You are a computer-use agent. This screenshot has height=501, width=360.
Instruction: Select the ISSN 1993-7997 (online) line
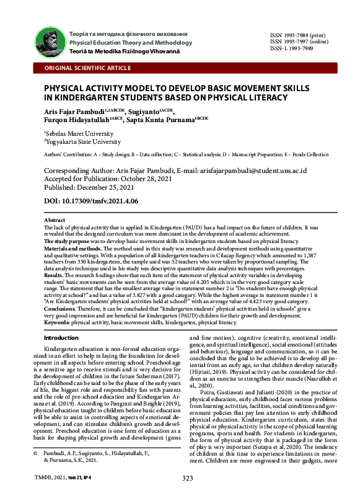(x=299, y=42)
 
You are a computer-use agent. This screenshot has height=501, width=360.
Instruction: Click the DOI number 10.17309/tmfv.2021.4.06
(x=108, y=202)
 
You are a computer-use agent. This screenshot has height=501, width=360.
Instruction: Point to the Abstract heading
(x=55, y=220)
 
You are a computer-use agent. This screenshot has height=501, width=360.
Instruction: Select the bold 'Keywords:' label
(x=58, y=322)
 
